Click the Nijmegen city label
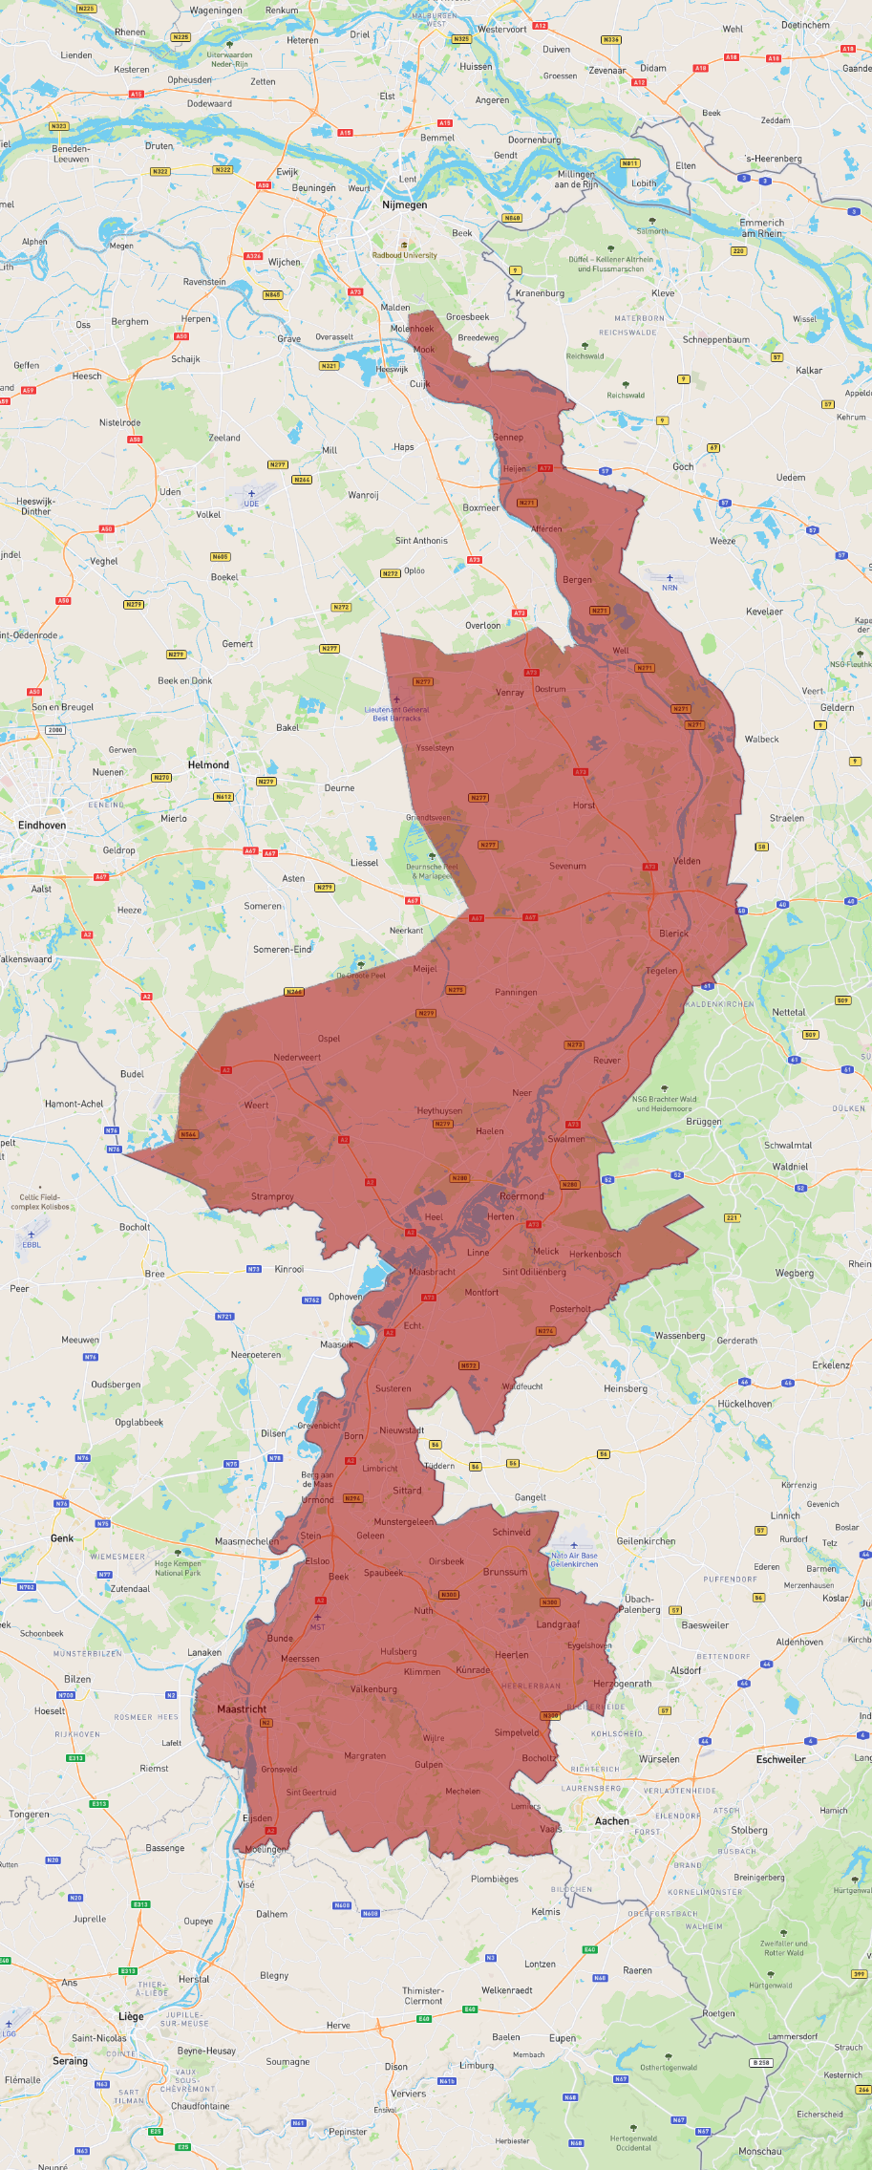(404, 204)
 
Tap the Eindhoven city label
(42, 825)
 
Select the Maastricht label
(242, 1708)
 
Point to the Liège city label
(131, 2016)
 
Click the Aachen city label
(611, 1821)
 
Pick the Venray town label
(510, 692)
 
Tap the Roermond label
(521, 1195)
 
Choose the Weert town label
(256, 1105)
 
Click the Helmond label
(208, 764)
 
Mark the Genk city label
(62, 1537)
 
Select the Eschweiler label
(780, 1759)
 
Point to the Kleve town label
(663, 292)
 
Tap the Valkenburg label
(373, 1688)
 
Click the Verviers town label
(408, 2093)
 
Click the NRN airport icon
(670, 578)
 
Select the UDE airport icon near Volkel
(251, 494)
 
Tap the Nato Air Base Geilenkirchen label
(574, 1559)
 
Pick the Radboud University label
(404, 255)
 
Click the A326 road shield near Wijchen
(253, 256)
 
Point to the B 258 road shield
(760, 2062)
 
